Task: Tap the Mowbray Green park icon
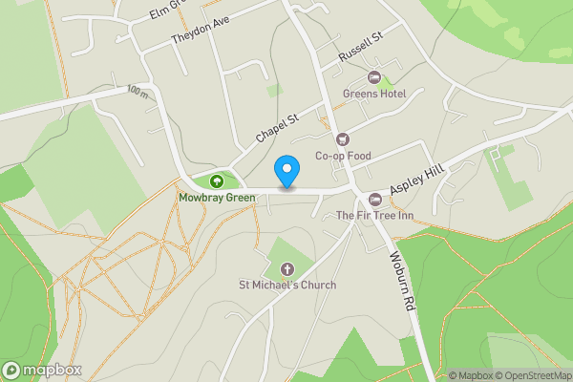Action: point(217,180)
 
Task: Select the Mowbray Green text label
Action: point(217,199)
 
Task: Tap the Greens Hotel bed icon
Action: point(373,76)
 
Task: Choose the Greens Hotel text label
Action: point(373,94)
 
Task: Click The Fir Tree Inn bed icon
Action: point(374,199)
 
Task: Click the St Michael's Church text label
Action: point(287,285)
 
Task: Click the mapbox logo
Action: point(42,370)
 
